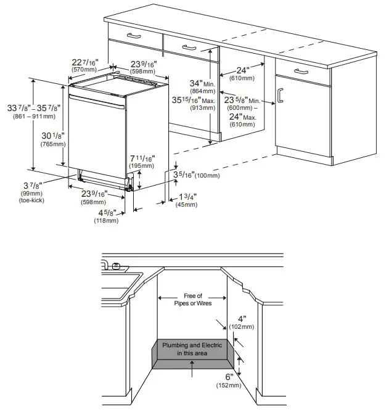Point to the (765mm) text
53,144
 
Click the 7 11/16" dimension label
142,159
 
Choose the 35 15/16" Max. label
202,100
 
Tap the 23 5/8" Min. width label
242,100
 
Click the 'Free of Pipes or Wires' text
194,300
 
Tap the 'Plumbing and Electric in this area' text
192,349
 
